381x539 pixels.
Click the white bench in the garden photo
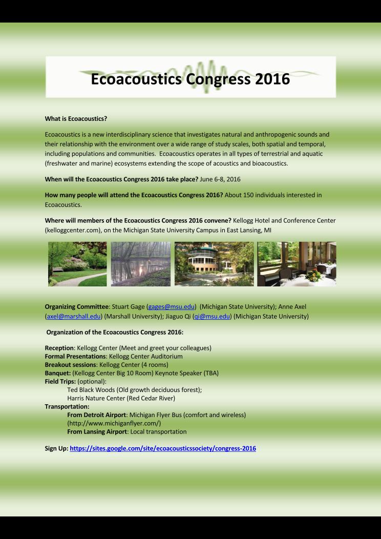(58, 269)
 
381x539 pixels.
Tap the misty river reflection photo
(140, 264)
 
